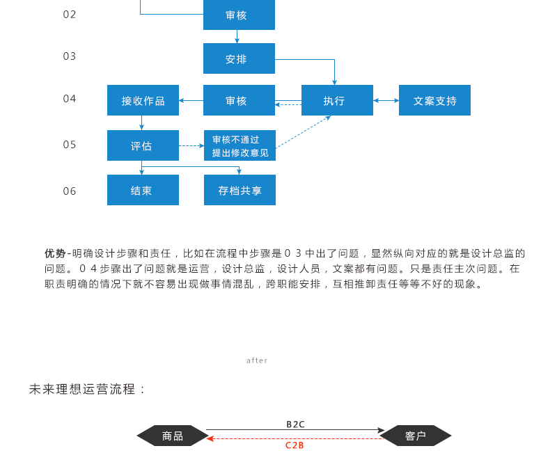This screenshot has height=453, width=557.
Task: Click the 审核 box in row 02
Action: click(239, 15)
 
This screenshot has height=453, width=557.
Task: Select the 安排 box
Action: click(239, 58)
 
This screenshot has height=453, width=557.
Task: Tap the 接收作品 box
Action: click(143, 100)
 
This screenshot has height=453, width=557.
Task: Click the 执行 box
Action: click(337, 100)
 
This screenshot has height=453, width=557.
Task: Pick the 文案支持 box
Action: click(434, 100)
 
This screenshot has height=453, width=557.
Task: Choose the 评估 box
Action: click(143, 145)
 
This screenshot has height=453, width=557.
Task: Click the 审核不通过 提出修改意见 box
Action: click(240, 145)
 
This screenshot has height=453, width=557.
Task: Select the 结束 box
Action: click(143, 190)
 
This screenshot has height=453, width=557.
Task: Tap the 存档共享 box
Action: click(240, 190)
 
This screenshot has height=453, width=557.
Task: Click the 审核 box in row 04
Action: click(239, 100)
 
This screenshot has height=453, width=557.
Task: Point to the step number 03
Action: click(69, 56)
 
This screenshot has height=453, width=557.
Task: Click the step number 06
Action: click(69, 191)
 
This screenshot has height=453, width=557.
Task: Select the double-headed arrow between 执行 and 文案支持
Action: click(386, 100)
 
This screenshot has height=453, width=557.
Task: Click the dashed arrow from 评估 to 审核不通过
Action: click(191, 145)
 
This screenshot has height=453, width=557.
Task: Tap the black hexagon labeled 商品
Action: click(173, 436)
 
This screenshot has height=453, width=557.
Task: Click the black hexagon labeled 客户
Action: click(416, 436)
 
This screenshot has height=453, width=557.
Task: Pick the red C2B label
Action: click(295, 445)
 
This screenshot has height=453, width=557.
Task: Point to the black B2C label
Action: click(295, 424)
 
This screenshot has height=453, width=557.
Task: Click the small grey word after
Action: click(257, 360)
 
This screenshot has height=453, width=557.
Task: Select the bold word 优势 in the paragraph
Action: click(55, 253)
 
